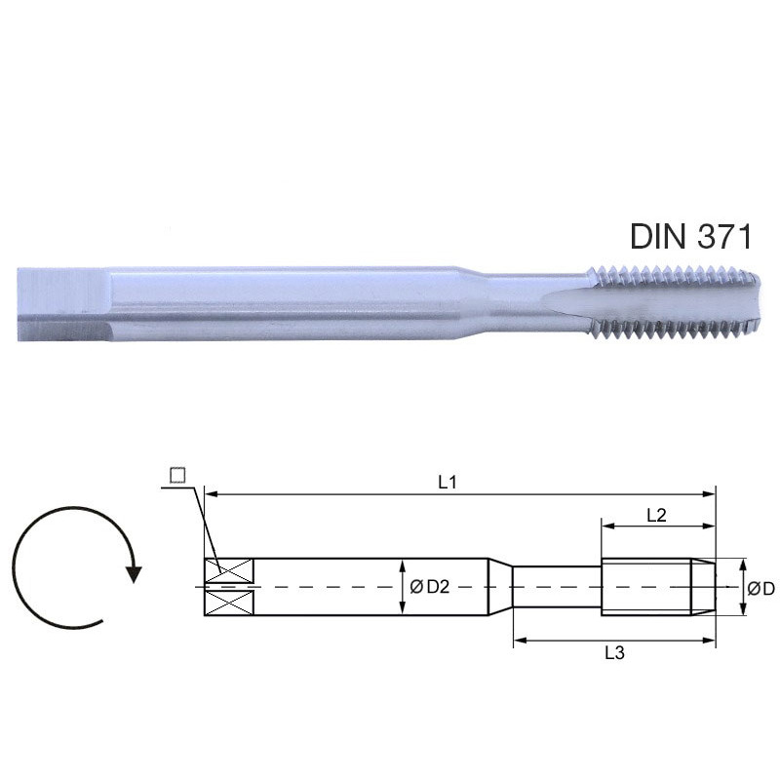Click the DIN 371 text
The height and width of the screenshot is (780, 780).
(691, 236)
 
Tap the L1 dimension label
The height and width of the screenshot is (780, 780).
(447, 482)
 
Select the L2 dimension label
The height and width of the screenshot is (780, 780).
(656, 516)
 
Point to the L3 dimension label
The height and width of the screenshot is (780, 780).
(614, 652)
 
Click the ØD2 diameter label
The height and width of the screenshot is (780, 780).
(429, 587)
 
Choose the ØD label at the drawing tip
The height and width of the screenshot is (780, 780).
(761, 589)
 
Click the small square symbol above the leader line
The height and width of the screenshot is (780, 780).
(177, 476)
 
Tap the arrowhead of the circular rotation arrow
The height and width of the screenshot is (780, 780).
(133, 573)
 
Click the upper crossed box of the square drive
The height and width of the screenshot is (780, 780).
(229, 571)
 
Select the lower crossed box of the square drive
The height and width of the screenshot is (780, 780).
(229, 603)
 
